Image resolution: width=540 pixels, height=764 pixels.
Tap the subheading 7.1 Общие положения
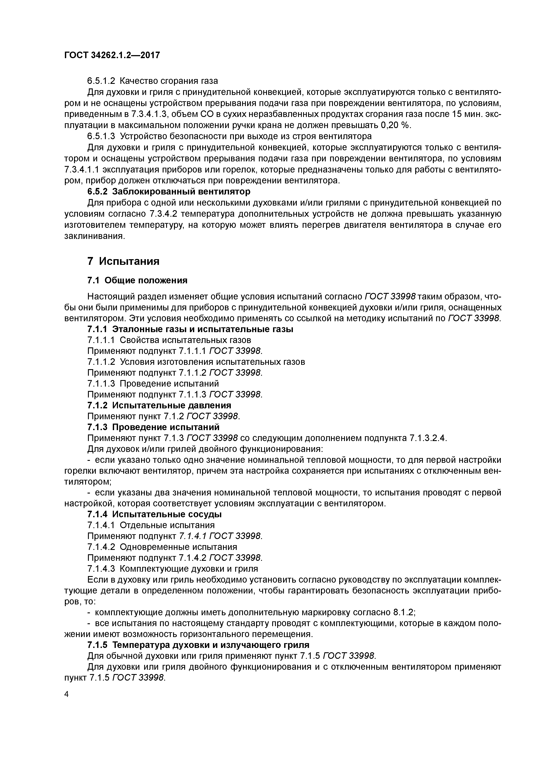click(x=137, y=281)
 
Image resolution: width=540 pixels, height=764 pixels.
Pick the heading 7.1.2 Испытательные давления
click(x=159, y=405)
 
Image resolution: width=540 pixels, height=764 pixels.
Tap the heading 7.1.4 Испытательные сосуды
click(x=154, y=514)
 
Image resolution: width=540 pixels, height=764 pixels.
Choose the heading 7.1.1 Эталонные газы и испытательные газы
click(x=190, y=330)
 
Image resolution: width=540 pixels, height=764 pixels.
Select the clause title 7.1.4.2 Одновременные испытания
click(x=162, y=547)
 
